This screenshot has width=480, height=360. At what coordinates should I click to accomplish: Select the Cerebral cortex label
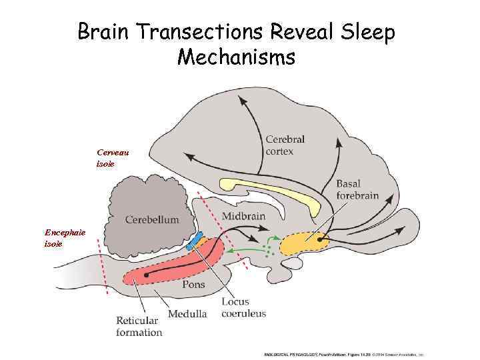coord(285,145)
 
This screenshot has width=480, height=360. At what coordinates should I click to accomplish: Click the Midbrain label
coord(243,215)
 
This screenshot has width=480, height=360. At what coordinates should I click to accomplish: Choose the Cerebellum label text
coord(152,219)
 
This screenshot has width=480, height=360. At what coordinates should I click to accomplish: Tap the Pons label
coord(193,285)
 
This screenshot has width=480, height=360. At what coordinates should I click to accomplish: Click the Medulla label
coord(187,313)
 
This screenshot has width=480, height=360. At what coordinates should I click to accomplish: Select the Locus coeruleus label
coord(243,308)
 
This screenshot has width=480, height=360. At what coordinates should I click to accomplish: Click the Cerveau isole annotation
coord(113,157)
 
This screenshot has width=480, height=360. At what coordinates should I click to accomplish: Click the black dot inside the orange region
coord(320,238)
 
